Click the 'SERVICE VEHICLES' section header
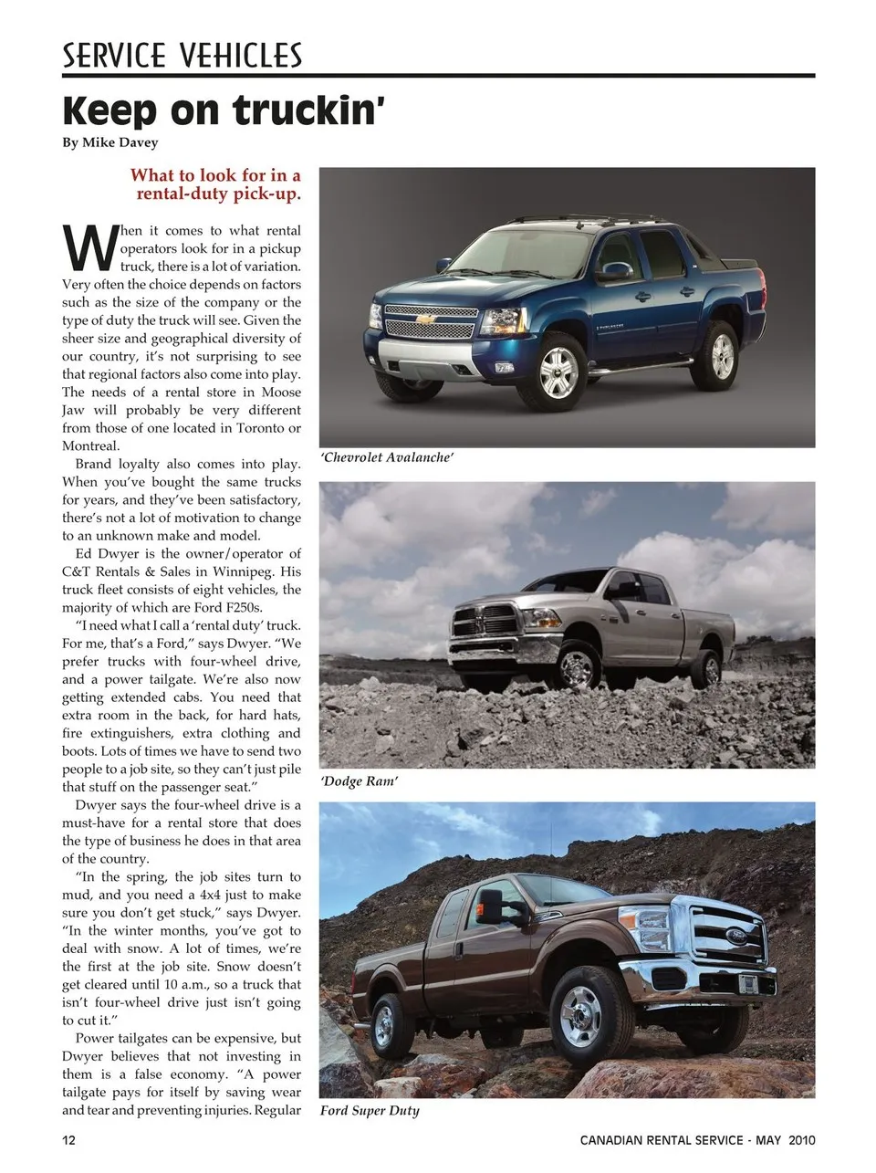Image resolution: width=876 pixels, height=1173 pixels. click(182, 56)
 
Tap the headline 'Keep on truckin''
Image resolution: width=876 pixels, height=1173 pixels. click(224, 110)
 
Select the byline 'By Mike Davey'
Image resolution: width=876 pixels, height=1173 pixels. click(109, 142)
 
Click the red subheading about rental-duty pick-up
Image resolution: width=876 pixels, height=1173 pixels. click(216, 184)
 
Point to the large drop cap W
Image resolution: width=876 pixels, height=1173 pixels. click(89, 249)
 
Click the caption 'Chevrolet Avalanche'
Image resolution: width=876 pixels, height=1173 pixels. click(387, 457)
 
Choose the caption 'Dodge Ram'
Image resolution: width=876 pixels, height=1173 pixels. click(359, 781)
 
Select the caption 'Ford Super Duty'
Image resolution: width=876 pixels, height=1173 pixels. click(370, 1111)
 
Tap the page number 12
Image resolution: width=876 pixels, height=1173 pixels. click(69, 1140)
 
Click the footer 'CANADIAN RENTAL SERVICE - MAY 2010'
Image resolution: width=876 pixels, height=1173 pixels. click(697, 1140)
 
